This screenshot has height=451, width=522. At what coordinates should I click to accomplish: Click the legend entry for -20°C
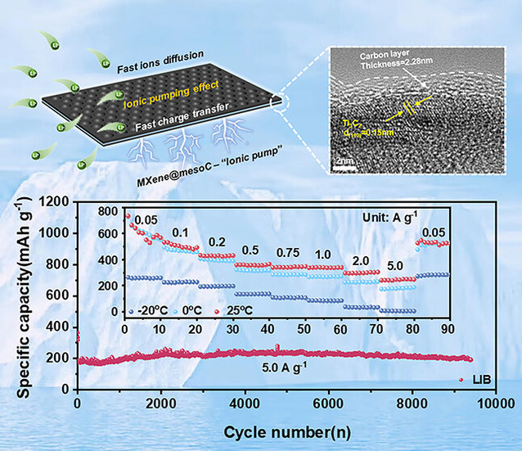(151, 312)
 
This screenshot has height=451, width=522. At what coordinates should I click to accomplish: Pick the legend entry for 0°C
(199, 312)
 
